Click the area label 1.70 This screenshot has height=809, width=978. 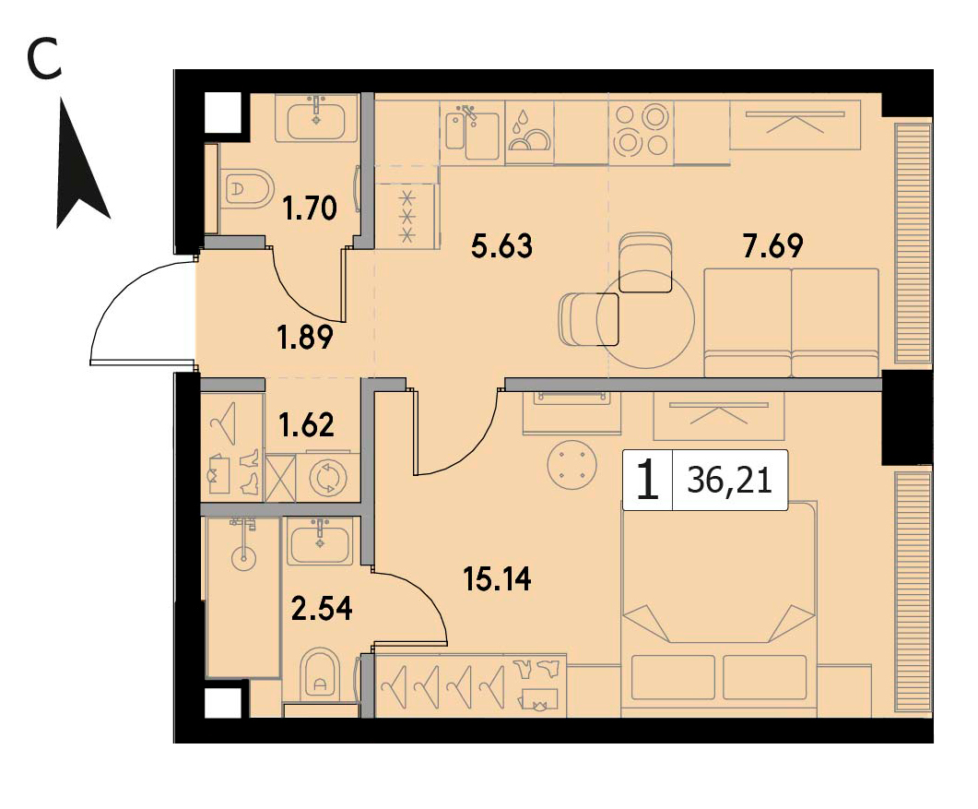click(x=310, y=208)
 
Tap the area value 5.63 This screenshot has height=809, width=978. click(x=502, y=246)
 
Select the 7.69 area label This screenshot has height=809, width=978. click(x=772, y=246)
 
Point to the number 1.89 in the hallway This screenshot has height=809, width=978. click(x=305, y=338)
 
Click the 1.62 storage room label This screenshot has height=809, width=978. click(x=307, y=426)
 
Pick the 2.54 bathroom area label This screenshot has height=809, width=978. click(x=323, y=609)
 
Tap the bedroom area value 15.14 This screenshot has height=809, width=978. click(x=497, y=579)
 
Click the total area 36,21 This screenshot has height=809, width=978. click(x=730, y=481)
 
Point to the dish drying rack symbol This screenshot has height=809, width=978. click(x=529, y=131)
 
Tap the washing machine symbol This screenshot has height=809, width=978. click(x=328, y=478)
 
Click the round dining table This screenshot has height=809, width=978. click(x=645, y=319)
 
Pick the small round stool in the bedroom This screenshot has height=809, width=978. click(x=571, y=464)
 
